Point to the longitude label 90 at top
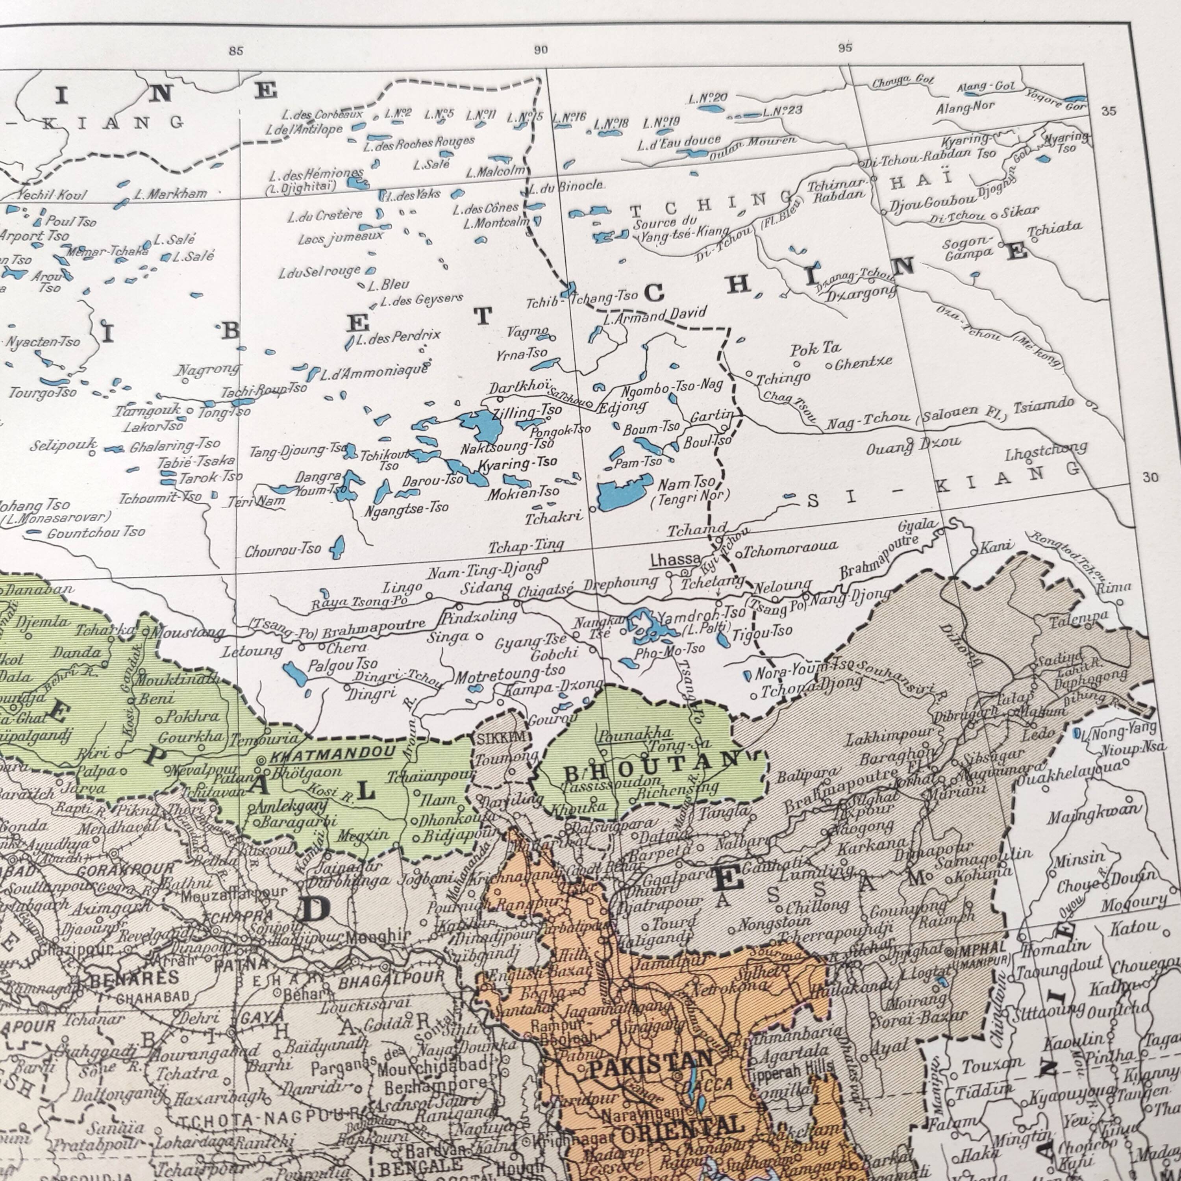coord(541,50)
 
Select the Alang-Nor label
coord(965,108)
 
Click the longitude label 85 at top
coord(236,51)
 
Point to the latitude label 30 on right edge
coord(1150,478)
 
